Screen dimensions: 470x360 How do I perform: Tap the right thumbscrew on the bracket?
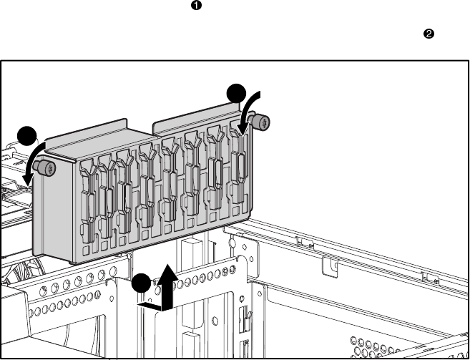click(262, 123)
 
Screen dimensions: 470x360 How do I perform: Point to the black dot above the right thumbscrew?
click(235, 93)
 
